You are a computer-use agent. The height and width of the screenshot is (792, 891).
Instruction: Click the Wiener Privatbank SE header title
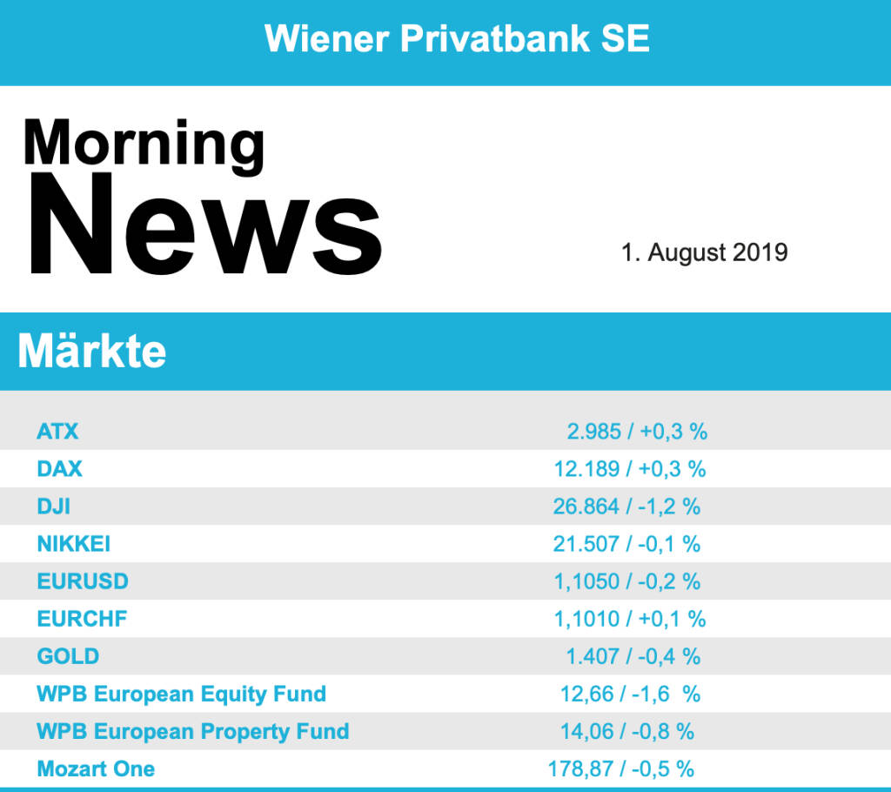(x=457, y=39)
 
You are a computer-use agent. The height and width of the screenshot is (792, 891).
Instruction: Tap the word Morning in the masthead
(x=144, y=144)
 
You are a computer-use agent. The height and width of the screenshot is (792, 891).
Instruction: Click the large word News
(x=206, y=225)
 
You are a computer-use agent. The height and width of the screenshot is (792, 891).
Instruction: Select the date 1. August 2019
(x=704, y=252)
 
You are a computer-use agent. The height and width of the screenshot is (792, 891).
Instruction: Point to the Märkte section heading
(x=92, y=351)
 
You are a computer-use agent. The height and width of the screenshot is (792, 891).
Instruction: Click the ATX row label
(x=57, y=431)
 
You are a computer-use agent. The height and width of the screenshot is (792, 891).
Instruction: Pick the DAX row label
(x=59, y=468)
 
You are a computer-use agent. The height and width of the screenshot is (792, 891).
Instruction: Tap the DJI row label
(x=53, y=506)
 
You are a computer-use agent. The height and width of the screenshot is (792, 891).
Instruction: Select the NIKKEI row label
(x=74, y=544)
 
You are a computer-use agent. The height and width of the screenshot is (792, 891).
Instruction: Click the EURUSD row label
(x=83, y=581)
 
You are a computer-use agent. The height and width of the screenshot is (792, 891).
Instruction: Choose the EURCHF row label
(x=82, y=619)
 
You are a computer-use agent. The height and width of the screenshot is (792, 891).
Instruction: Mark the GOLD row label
(x=68, y=656)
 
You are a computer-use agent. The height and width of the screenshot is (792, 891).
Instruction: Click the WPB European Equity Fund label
(x=181, y=694)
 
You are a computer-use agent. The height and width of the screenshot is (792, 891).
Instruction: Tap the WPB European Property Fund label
(x=192, y=731)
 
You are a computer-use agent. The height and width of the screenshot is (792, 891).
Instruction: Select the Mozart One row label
(x=96, y=769)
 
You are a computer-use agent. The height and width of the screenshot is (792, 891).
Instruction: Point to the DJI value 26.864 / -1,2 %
(x=626, y=506)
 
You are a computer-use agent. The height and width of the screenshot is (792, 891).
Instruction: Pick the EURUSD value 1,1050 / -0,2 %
(x=626, y=581)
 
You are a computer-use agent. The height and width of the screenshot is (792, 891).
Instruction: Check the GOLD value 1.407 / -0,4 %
(x=633, y=656)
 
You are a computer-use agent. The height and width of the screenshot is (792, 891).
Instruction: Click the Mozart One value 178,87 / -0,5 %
(x=620, y=769)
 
